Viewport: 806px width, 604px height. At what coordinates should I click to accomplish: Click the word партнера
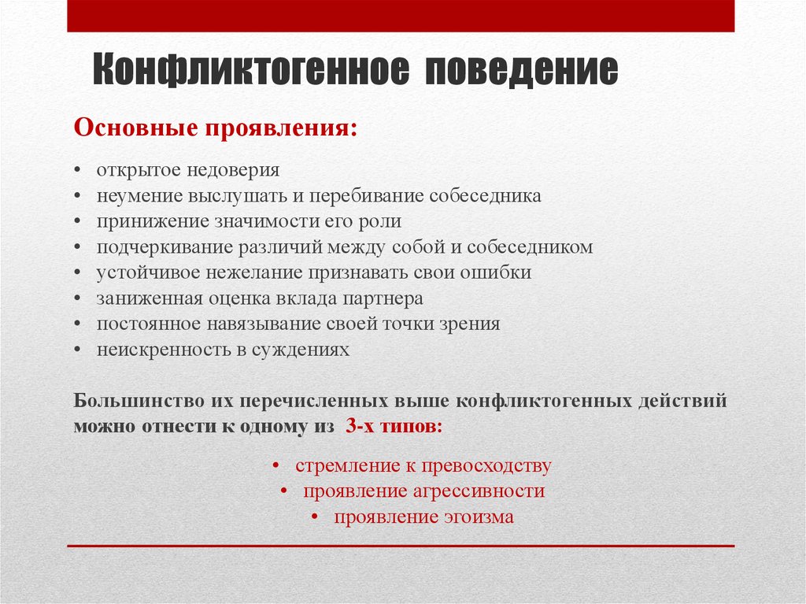pos(383,298)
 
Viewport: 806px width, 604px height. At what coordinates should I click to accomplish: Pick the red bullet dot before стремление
pos(277,466)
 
